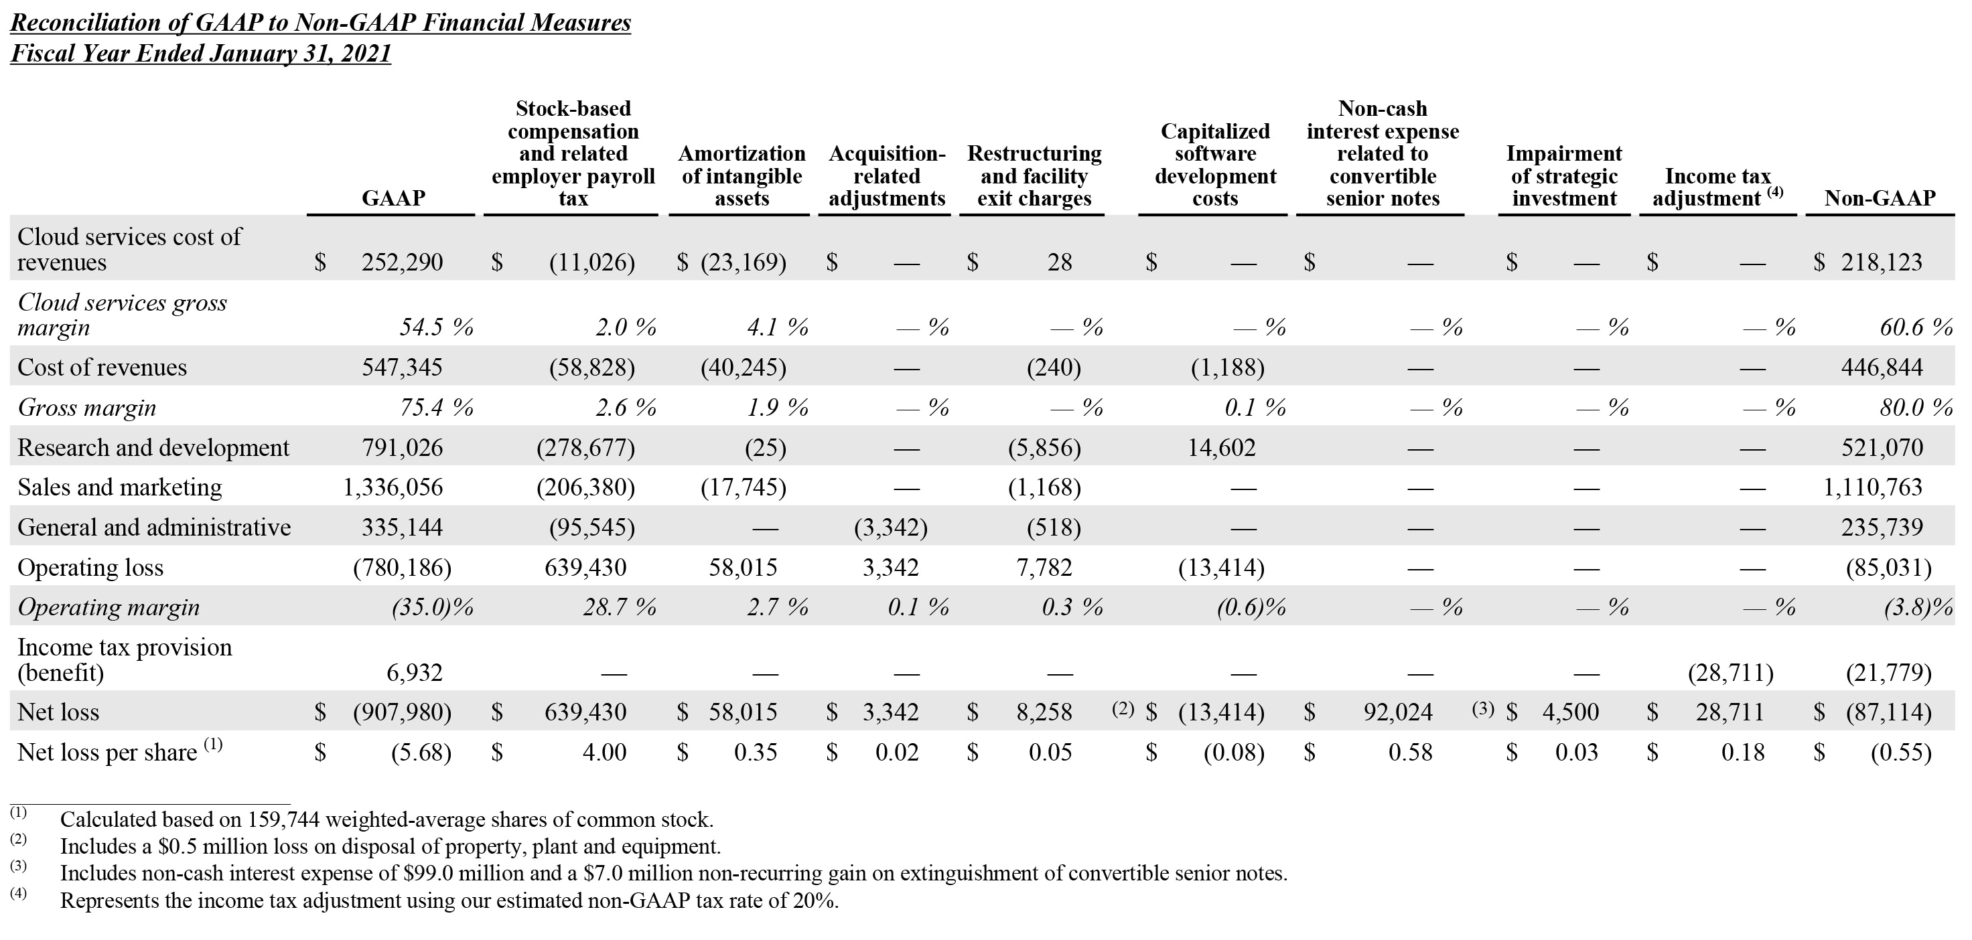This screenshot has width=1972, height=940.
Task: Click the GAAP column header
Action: coord(393,198)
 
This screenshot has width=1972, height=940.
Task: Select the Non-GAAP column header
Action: coord(1880,198)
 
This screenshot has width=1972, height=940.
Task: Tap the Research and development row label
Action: coord(153,448)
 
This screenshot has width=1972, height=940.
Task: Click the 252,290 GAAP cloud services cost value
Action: coord(402,262)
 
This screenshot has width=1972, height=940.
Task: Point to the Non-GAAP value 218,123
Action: coord(1881,262)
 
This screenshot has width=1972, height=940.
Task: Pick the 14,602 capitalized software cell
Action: coord(1221,448)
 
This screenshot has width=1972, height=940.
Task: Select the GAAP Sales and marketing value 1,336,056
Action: coord(393,487)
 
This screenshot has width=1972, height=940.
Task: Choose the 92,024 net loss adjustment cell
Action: coord(1397,712)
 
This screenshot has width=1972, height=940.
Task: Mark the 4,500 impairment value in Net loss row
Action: coord(1570,712)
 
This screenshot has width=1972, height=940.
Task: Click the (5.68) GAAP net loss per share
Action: coord(421,753)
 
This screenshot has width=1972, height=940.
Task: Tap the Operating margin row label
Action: coord(108,608)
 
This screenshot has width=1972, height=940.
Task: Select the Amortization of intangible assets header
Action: coord(741,176)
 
